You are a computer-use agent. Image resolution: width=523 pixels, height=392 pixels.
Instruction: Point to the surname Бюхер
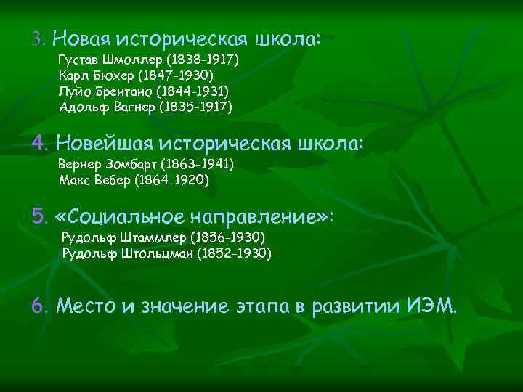[113, 75]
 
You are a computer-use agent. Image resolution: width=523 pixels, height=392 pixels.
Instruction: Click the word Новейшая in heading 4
[102, 142]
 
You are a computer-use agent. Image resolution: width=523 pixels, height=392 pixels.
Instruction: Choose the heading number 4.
[39, 142]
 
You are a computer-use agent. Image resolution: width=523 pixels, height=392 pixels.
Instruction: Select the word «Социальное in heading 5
[118, 216]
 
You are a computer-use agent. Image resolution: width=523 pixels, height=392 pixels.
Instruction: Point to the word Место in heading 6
[85, 306]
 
